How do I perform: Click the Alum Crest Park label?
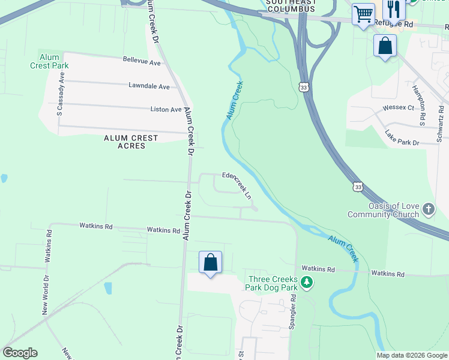49,61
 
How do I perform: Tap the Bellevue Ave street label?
142,62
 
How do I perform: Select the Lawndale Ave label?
149,86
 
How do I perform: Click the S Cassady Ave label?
60,95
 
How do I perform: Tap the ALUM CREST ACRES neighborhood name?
131,142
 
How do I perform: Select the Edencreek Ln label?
237,185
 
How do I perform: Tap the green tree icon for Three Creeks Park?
306,281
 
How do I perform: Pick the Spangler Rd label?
294,311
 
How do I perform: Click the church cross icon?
428,209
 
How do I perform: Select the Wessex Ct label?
399,108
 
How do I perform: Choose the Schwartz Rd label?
440,124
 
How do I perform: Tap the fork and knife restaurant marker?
394,8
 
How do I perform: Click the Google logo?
20,353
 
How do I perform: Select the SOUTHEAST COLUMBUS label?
291,6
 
